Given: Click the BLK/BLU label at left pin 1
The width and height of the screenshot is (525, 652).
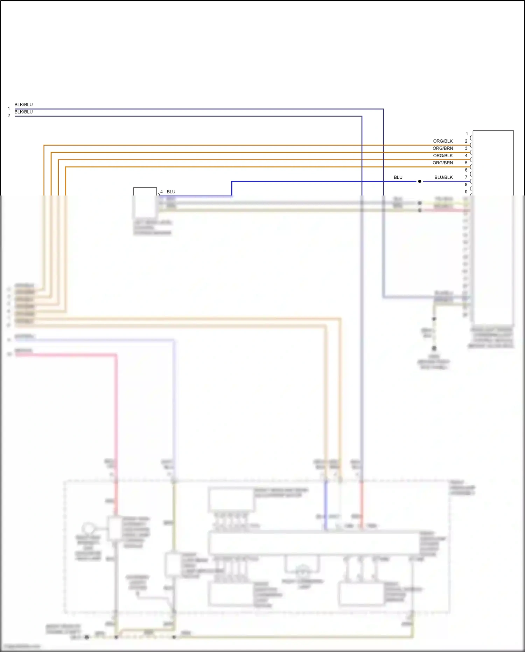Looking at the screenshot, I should tap(23, 105).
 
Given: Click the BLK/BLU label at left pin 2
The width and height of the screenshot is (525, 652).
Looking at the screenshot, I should tap(23, 112).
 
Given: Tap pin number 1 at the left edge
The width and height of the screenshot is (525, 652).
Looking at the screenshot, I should tap(9, 109).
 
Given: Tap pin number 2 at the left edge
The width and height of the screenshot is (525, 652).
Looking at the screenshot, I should tap(9, 116).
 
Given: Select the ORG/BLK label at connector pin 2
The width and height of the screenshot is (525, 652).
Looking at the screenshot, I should tap(443, 141).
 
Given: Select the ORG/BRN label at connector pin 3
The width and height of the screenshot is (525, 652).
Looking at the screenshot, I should tap(443, 148).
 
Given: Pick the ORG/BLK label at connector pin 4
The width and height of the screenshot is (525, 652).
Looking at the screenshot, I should tap(443, 156).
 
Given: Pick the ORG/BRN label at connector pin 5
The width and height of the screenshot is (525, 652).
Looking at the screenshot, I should tap(443, 163).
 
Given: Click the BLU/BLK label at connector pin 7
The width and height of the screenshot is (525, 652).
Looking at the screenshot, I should tap(443, 177).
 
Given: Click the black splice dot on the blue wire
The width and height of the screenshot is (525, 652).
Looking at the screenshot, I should tap(420, 181).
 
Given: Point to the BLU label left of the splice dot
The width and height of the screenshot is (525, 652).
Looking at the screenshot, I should tap(398, 177).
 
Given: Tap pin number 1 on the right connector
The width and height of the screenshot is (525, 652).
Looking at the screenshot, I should tap(467, 134).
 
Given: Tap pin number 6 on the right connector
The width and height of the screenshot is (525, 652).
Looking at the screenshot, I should tap(466, 170).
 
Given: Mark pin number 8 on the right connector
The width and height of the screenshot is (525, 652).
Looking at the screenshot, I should tap(466, 185).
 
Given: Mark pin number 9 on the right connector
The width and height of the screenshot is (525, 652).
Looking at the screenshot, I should tap(466, 192).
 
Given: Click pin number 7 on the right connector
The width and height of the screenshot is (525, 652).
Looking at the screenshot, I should tap(466, 177).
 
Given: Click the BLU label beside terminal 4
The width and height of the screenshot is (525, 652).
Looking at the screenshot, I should tap(171, 192).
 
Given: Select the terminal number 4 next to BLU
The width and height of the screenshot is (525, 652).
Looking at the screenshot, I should tap(161, 192).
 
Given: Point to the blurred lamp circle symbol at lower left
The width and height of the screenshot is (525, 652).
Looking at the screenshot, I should tap(88, 528).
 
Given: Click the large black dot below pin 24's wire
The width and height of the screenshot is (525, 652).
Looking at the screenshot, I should tap(434, 348).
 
